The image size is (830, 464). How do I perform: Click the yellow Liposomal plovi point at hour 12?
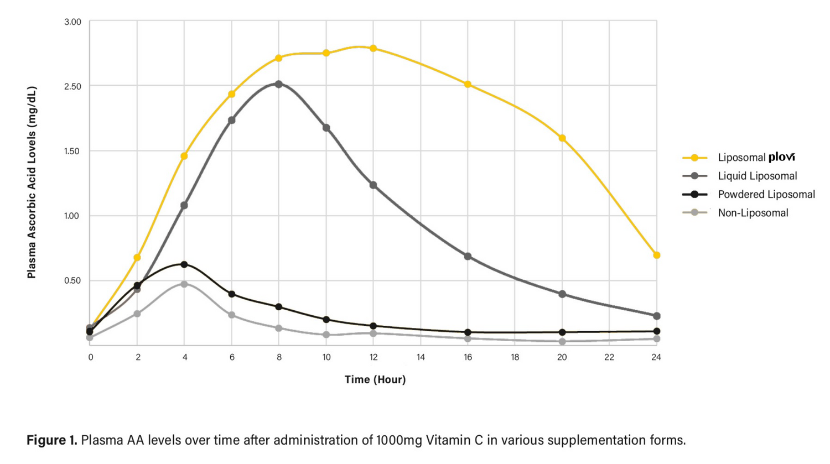(x=373, y=49)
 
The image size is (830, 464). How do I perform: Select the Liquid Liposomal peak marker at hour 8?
(x=279, y=84)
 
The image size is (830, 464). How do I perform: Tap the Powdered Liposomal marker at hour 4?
(x=184, y=264)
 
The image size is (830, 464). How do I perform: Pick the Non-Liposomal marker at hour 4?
(x=184, y=284)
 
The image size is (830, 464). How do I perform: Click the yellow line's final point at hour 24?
(x=657, y=255)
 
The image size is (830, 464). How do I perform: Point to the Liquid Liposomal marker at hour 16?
(x=468, y=257)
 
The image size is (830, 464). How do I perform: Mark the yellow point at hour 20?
(x=562, y=138)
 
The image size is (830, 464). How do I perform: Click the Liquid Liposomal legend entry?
(x=757, y=176)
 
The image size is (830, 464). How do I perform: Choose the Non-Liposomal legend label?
(x=753, y=213)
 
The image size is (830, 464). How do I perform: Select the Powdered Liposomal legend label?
(x=766, y=194)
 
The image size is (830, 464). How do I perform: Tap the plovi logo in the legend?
(x=782, y=157)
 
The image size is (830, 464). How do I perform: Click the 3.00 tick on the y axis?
(x=72, y=22)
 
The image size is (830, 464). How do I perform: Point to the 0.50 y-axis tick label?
(x=72, y=280)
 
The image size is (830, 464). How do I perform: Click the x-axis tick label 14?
(x=421, y=357)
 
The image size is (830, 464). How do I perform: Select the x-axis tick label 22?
(x=609, y=357)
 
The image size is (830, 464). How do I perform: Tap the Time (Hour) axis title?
(x=375, y=379)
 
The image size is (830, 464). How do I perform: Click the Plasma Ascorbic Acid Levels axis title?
(x=32, y=182)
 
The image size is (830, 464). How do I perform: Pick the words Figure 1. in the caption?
(x=51, y=440)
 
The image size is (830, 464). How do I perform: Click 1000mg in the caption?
(x=398, y=440)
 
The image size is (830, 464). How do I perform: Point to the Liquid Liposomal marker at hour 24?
(x=657, y=316)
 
